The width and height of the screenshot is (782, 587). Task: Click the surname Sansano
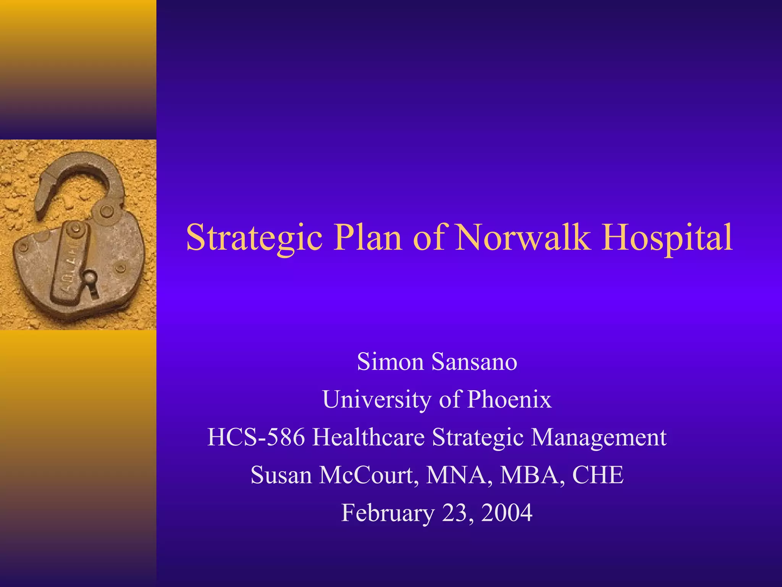coord(474,362)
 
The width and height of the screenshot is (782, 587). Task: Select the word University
coord(376,399)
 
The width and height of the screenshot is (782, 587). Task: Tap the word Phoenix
coord(509,399)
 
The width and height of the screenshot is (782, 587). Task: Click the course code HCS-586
coord(256,437)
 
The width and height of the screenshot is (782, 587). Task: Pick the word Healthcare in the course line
coord(368,437)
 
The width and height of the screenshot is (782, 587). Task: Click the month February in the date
coord(388,513)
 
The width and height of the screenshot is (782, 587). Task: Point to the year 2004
coord(507,513)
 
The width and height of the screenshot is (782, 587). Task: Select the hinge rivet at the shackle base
coord(107,211)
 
